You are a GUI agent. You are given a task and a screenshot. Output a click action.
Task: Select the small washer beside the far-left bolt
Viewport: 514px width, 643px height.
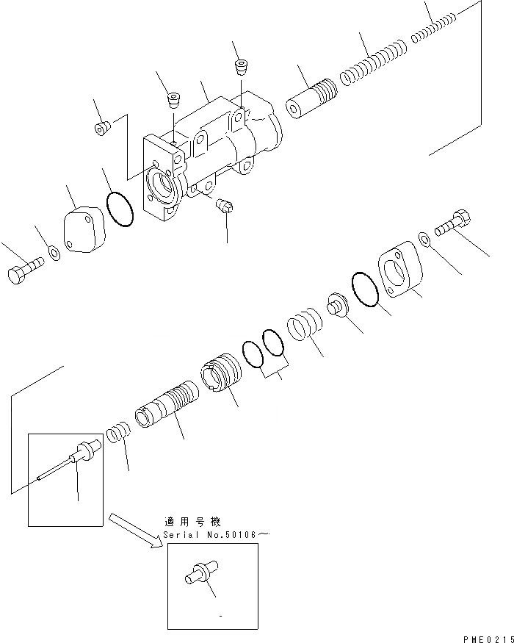(54, 254)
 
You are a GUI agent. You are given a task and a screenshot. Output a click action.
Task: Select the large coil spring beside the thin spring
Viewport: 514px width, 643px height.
(372, 64)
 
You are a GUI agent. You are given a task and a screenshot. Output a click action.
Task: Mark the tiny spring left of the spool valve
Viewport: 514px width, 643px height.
(120, 433)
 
